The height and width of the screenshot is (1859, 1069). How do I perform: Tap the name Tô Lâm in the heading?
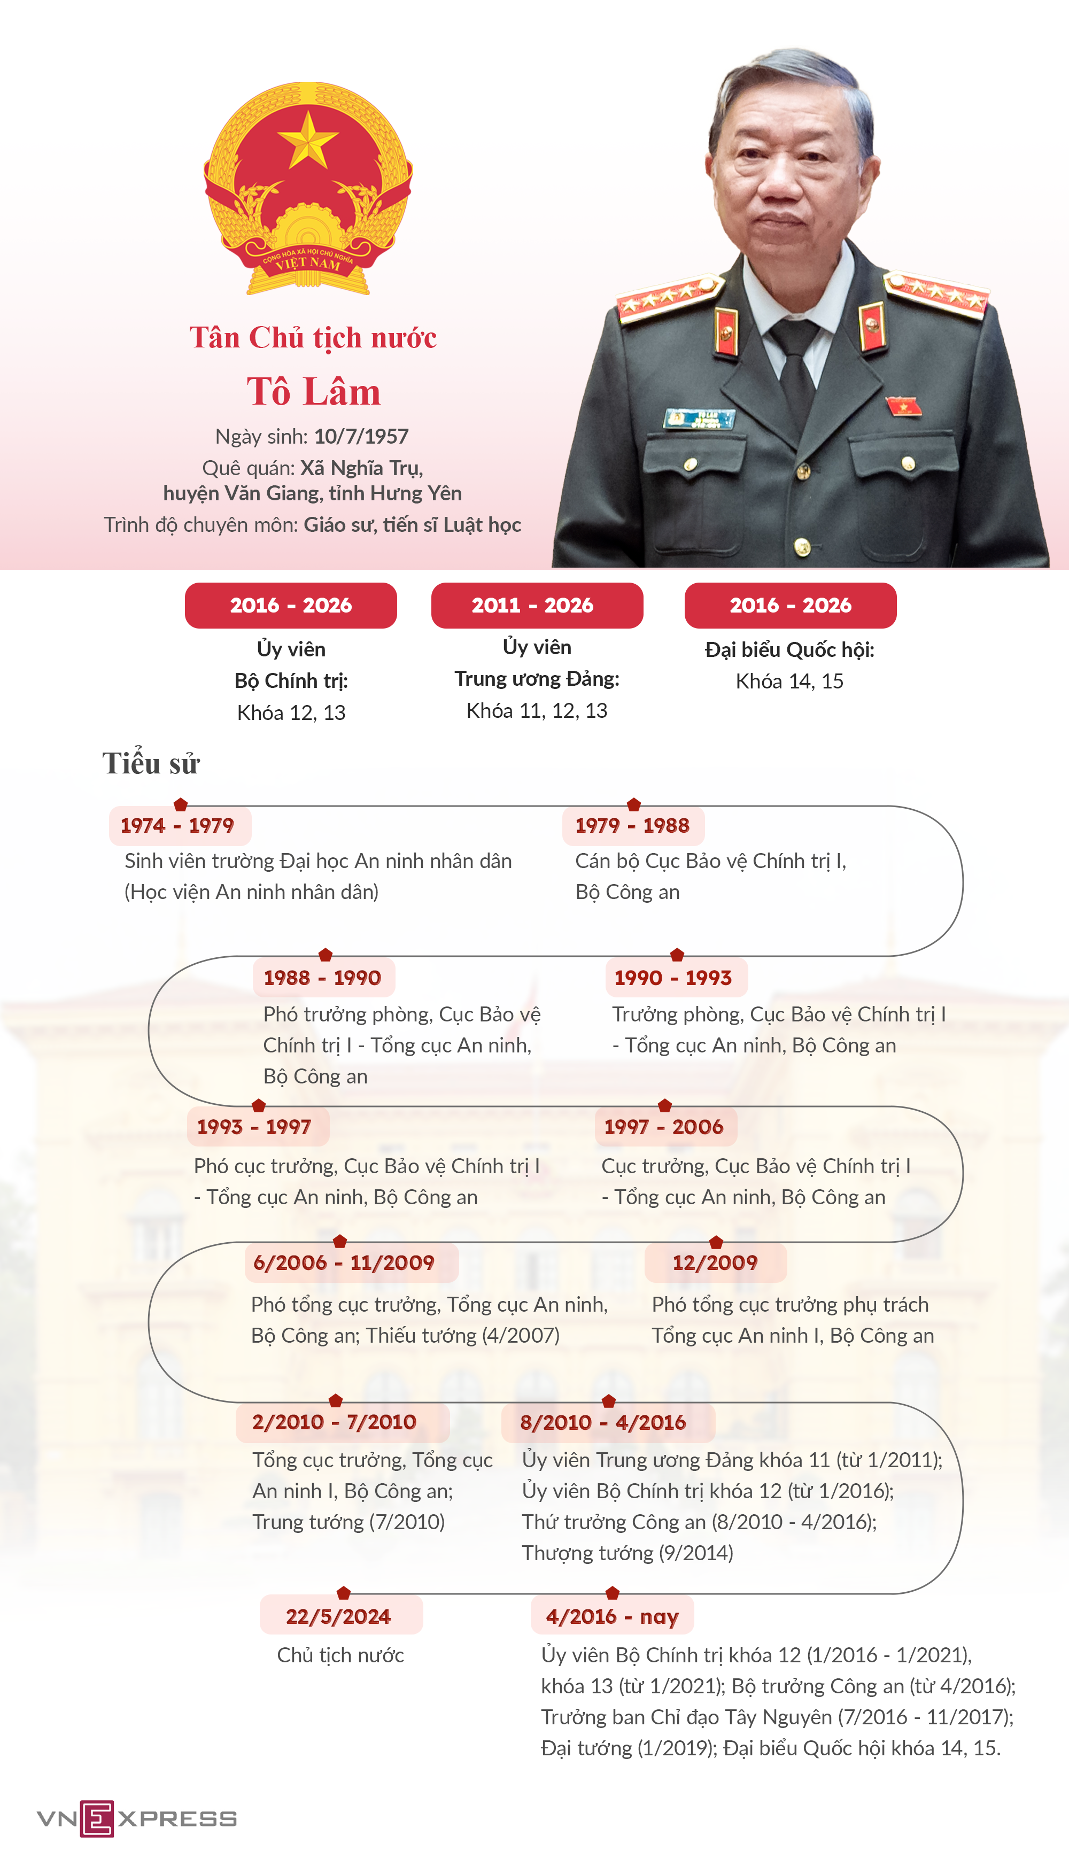click(x=314, y=391)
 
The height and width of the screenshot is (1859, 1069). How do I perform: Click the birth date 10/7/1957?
click(x=361, y=436)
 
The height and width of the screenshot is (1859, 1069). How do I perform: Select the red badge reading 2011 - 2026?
click(x=537, y=605)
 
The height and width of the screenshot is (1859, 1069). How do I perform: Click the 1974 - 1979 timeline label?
click(x=177, y=825)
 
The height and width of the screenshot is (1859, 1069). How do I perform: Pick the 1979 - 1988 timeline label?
click(x=632, y=825)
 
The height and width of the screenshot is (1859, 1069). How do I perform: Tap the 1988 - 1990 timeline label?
click(x=322, y=977)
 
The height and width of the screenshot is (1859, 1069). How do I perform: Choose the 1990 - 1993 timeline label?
click(x=673, y=977)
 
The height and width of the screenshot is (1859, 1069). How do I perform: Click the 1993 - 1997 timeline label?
click(x=254, y=1126)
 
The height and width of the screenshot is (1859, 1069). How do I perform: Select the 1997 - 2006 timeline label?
click(x=664, y=1126)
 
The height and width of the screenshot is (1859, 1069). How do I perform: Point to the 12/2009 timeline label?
click(x=715, y=1262)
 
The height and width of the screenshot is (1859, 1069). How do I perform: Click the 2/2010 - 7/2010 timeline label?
click(x=335, y=1421)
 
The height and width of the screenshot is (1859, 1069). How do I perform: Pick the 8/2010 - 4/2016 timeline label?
click(x=603, y=1421)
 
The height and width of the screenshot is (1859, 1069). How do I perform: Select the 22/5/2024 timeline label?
click(x=338, y=1616)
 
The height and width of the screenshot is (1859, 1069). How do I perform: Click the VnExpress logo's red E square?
click(x=97, y=1818)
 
